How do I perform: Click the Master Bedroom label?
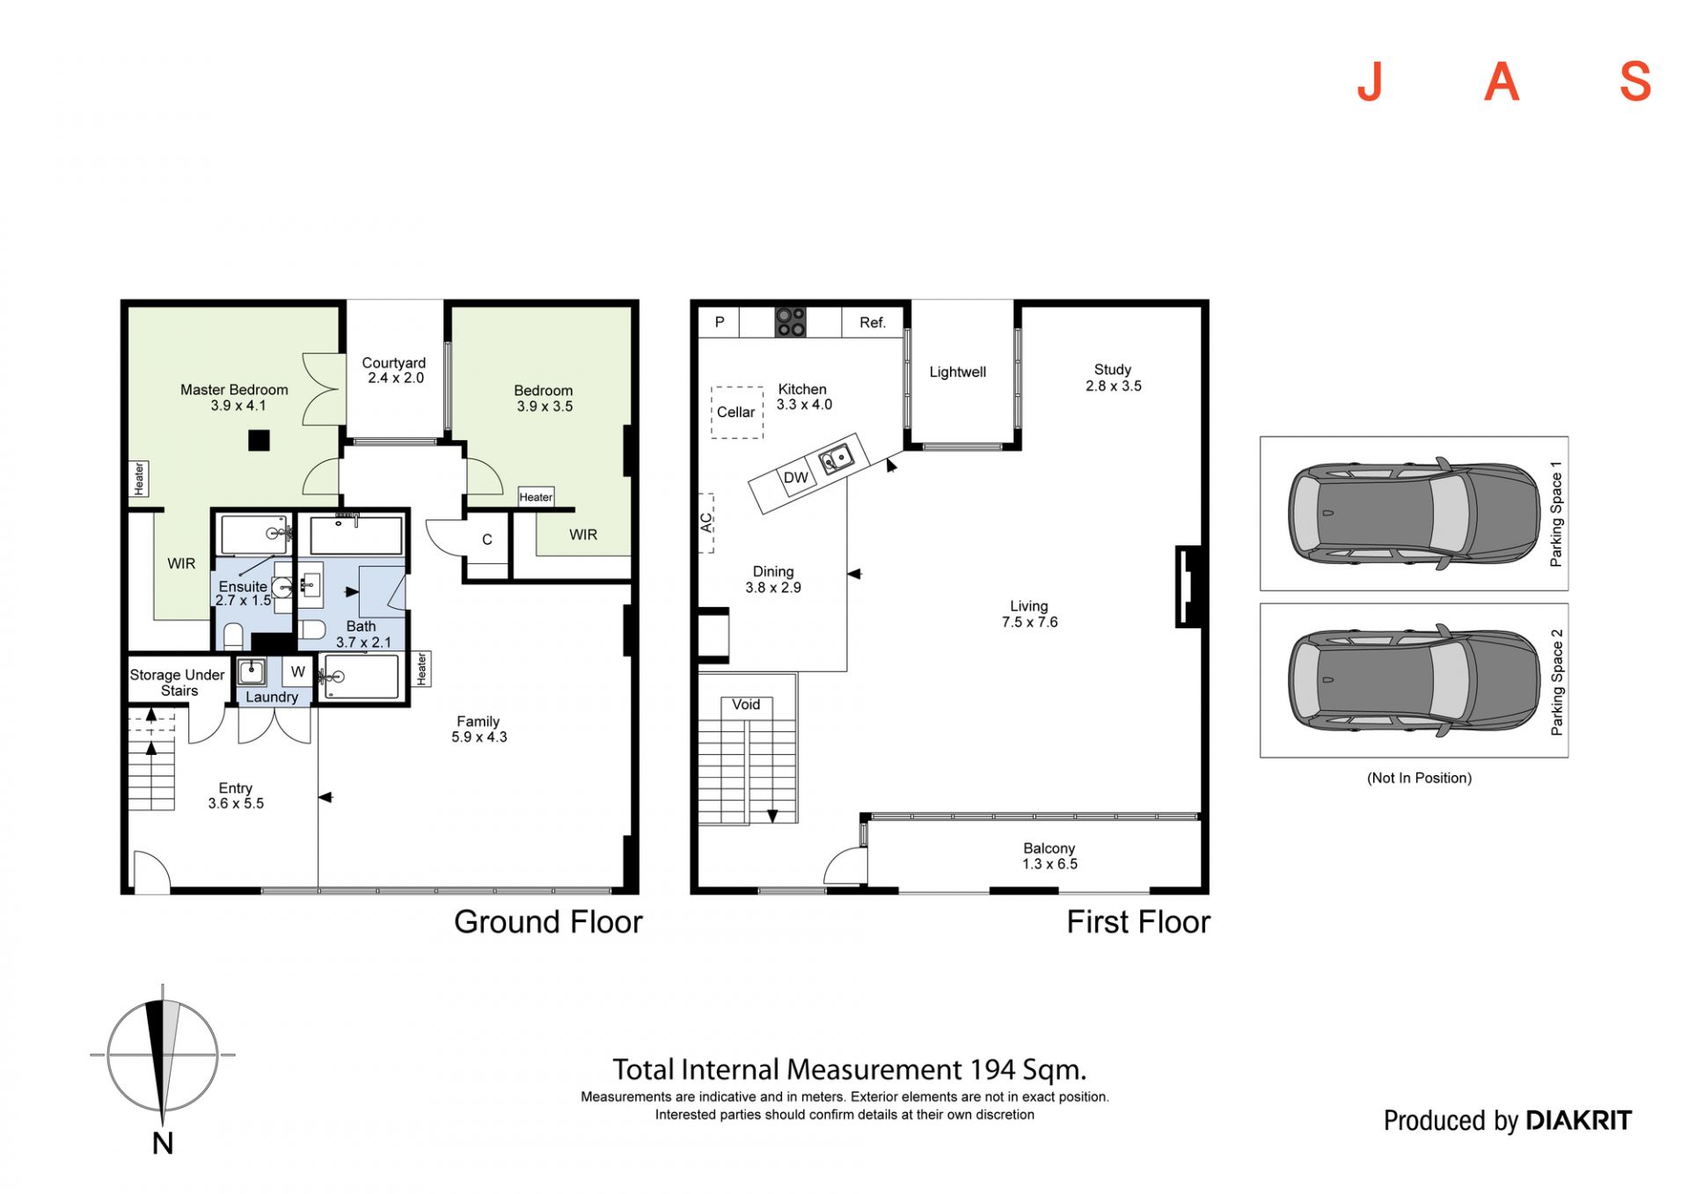click(234, 390)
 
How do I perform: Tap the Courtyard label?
click(393, 363)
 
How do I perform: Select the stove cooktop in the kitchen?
click(790, 322)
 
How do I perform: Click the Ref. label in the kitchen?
click(872, 323)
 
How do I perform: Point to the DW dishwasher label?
click(795, 478)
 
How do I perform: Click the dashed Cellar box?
click(737, 412)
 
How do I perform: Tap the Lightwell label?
click(958, 372)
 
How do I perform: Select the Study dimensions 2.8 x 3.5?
click(1114, 386)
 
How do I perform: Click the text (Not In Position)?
click(1419, 778)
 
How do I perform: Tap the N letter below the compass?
click(163, 1144)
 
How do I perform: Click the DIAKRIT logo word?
click(1578, 1120)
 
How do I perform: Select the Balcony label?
click(1049, 848)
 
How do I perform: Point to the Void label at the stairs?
click(746, 705)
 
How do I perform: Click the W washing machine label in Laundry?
click(298, 672)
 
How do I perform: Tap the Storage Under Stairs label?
click(178, 683)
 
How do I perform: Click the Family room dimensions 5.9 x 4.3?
click(479, 737)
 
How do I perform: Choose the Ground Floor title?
click(548, 922)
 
